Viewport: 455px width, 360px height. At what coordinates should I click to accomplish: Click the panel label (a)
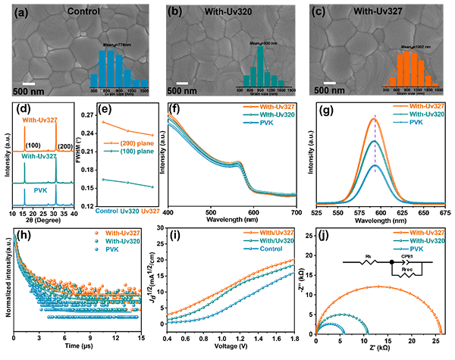tap(13, 11)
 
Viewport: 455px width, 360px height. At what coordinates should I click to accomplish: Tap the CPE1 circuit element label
tap(406, 256)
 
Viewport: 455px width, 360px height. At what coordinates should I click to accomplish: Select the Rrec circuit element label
tap(406, 268)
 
